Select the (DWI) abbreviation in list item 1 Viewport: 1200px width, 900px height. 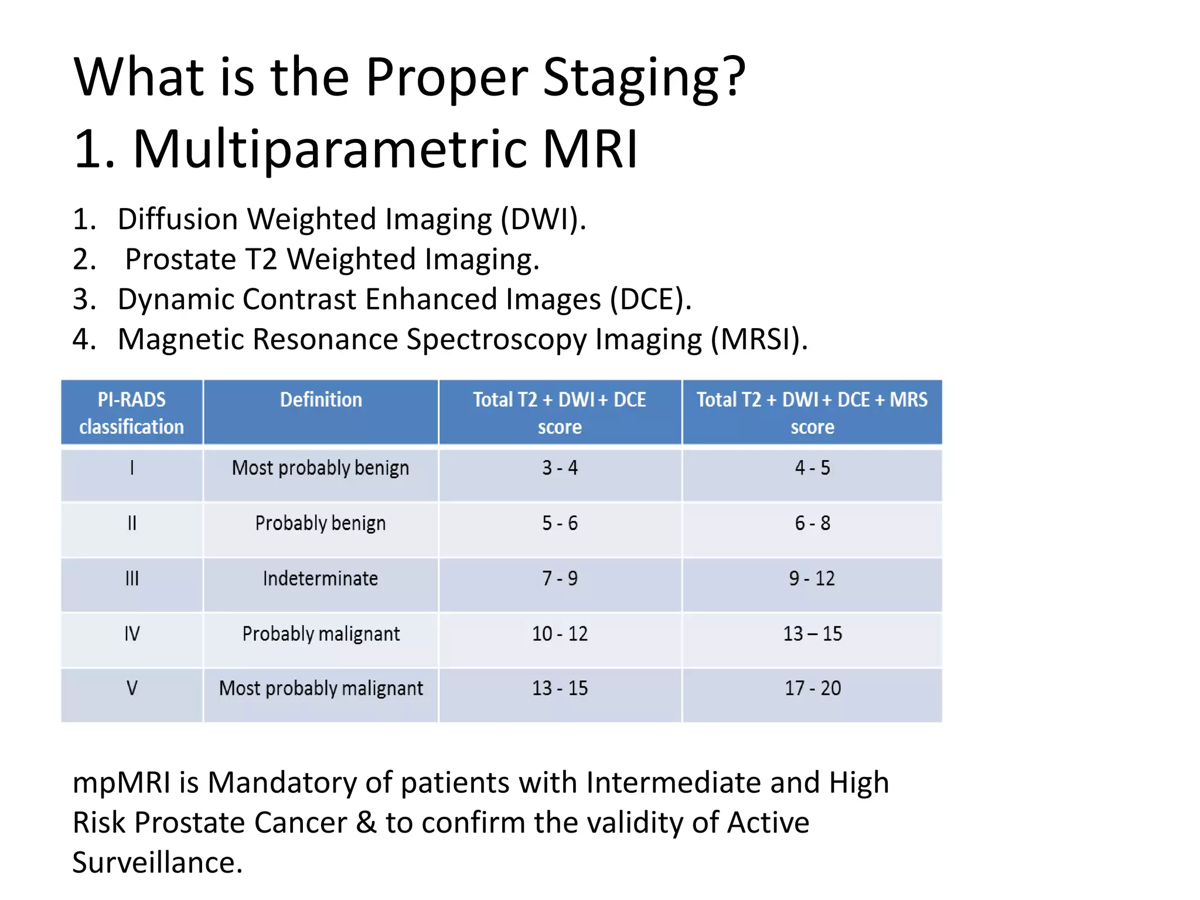click(x=543, y=220)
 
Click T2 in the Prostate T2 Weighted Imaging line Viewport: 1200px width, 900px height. click(x=261, y=260)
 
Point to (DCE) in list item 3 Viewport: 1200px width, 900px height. click(x=650, y=299)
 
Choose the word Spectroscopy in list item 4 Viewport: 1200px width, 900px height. click(x=496, y=339)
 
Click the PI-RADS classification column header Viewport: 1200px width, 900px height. click(x=132, y=412)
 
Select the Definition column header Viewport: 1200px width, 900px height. click(x=321, y=400)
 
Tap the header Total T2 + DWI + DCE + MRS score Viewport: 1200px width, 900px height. click(x=812, y=412)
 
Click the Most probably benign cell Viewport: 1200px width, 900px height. click(x=321, y=468)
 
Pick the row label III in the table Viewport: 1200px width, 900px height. click(x=132, y=579)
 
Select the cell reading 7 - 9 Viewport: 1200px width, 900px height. click(x=560, y=579)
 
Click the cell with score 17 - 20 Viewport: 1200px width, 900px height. click(x=812, y=688)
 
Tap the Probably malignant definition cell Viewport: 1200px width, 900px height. click(x=321, y=634)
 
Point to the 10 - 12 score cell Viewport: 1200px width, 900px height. click(x=560, y=634)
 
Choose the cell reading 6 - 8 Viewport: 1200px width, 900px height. click(x=812, y=523)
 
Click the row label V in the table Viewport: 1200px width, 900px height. click(x=132, y=688)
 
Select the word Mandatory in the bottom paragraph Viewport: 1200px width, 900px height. click(x=282, y=783)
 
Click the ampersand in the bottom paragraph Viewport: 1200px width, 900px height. click(x=366, y=823)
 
